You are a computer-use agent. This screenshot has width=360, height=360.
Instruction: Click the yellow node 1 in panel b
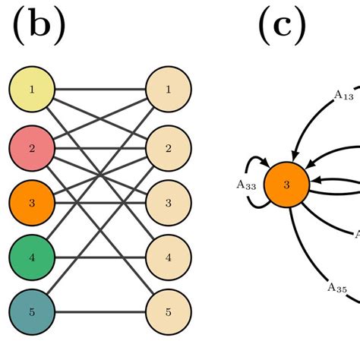(x=31, y=90)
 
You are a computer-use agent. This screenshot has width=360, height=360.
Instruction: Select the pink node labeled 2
(x=31, y=147)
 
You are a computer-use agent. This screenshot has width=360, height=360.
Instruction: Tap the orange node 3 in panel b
(x=31, y=201)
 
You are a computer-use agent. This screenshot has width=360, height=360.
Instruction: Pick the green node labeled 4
(x=31, y=257)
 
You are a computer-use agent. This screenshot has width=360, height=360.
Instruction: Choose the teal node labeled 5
(x=31, y=312)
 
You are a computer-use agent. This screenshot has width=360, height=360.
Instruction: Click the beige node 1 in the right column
(x=168, y=90)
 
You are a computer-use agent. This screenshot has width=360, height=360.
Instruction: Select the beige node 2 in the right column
(x=168, y=147)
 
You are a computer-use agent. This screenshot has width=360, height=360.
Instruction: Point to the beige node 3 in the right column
(x=168, y=201)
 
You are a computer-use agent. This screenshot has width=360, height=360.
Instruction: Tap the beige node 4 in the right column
(x=168, y=257)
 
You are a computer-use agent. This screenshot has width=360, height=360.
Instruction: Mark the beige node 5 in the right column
(x=168, y=312)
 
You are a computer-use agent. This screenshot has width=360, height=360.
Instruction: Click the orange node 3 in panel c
(x=286, y=184)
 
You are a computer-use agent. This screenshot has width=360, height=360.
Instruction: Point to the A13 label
(x=343, y=95)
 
